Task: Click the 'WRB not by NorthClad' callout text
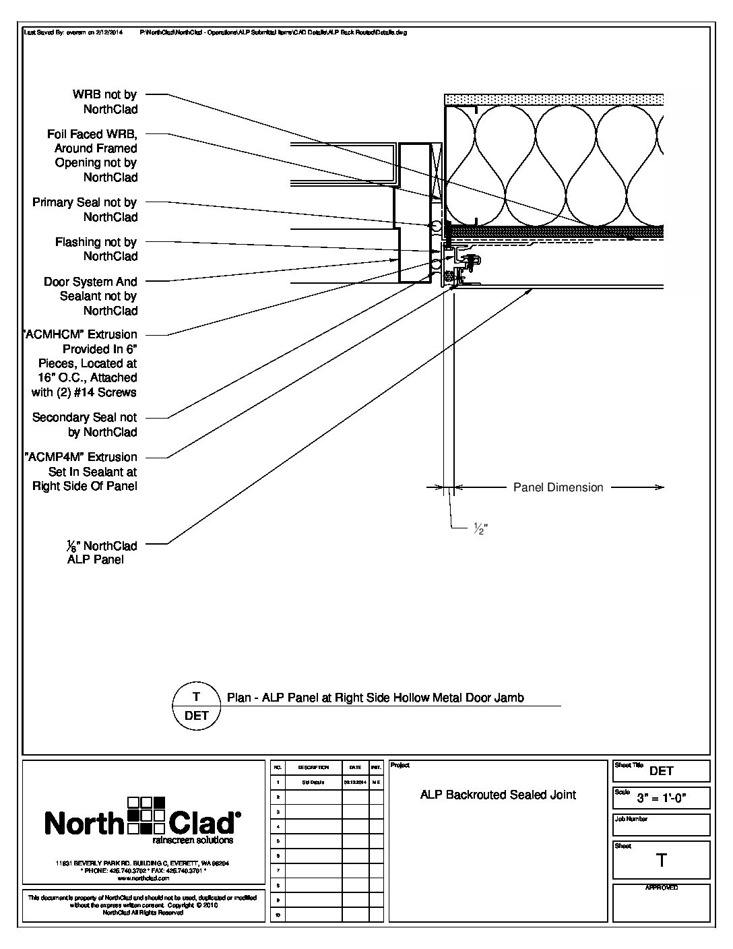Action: [104, 102]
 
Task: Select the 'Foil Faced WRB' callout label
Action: [92, 156]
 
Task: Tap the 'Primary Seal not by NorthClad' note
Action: [85, 210]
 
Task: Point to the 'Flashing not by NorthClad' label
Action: [96, 249]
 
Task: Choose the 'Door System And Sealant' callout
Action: [90, 296]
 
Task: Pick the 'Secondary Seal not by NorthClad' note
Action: [85, 425]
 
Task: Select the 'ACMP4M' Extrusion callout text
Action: [82, 471]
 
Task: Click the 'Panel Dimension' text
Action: [558, 487]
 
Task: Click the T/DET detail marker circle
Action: [196, 706]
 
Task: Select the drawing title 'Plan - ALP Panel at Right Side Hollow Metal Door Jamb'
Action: [375, 698]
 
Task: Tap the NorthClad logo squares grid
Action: [147, 816]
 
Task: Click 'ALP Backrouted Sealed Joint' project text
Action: [498, 795]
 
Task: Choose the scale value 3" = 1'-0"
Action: [670, 799]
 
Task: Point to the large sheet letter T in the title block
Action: [662, 860]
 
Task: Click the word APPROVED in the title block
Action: [661, 888]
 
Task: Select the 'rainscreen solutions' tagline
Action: [193, 840]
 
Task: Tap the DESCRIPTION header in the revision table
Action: [313, 767]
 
